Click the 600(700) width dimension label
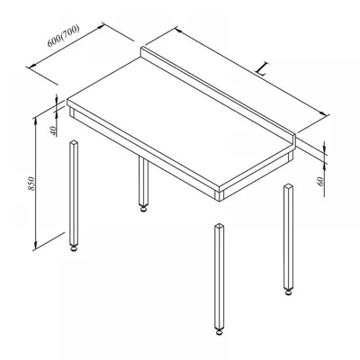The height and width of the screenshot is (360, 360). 64,36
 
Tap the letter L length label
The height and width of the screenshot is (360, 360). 261,69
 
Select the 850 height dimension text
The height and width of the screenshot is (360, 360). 31,184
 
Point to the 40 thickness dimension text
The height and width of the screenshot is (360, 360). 53,131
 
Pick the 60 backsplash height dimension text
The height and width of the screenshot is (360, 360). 320,181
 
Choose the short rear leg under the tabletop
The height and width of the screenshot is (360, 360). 144,182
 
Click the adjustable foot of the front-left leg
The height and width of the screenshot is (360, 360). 74,248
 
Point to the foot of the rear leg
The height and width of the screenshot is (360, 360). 144,209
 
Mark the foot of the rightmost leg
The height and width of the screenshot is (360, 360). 288,292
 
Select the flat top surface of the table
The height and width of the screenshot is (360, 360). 180,120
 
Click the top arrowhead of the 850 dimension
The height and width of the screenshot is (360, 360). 35,121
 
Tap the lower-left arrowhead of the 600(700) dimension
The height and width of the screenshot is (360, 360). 31,66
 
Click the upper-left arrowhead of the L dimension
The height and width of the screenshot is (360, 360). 178,30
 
